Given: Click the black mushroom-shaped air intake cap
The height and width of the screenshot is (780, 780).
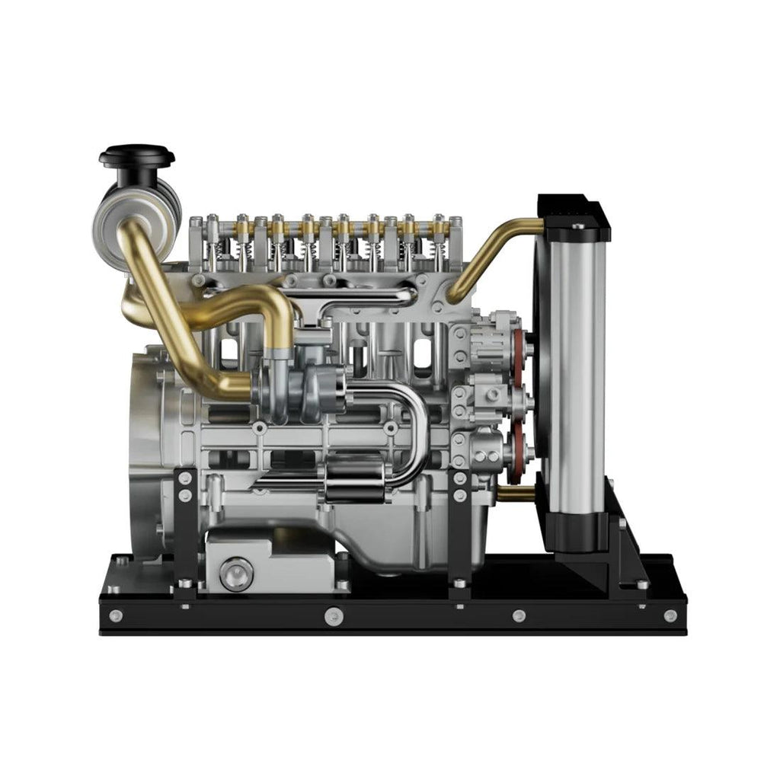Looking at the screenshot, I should (x=137, y=158).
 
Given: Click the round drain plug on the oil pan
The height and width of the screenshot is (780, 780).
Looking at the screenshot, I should (x=236, y=572).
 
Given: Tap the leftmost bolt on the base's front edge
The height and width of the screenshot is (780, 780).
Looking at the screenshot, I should (x=115, y=615).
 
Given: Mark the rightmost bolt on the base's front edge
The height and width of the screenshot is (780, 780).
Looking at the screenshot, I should (x=670, y=615).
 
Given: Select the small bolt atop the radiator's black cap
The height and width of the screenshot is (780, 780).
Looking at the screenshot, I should (x=578, y=226).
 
